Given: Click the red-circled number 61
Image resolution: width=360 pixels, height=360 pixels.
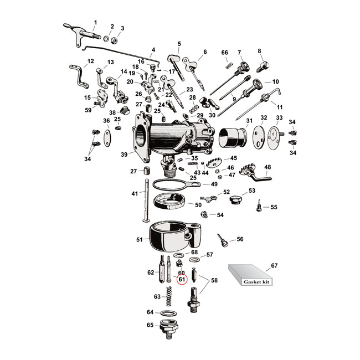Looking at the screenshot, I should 181,280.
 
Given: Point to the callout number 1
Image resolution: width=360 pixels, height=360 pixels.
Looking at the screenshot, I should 94,22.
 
